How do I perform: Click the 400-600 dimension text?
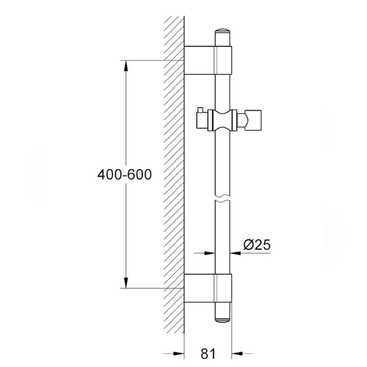(125, 174)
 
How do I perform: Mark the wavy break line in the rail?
(223, 202)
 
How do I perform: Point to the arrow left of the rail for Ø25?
(208, 252)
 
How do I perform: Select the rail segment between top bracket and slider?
(223, 89)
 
